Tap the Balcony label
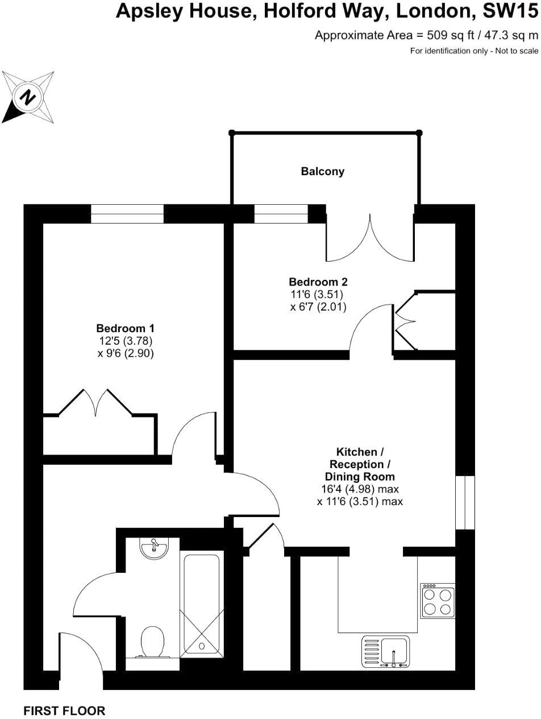tap(322, 171)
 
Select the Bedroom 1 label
tap(125, 328)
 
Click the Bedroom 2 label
tap(318, 282)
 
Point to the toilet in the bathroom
tap(152, 642)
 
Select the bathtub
tap(200, 603)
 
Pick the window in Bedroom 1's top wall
tap(127, 214)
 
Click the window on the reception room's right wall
tap(465, 502)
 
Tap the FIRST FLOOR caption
tap(64, 710)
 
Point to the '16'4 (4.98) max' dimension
tap(360, 489)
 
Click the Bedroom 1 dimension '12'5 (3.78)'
tap(126, 341)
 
